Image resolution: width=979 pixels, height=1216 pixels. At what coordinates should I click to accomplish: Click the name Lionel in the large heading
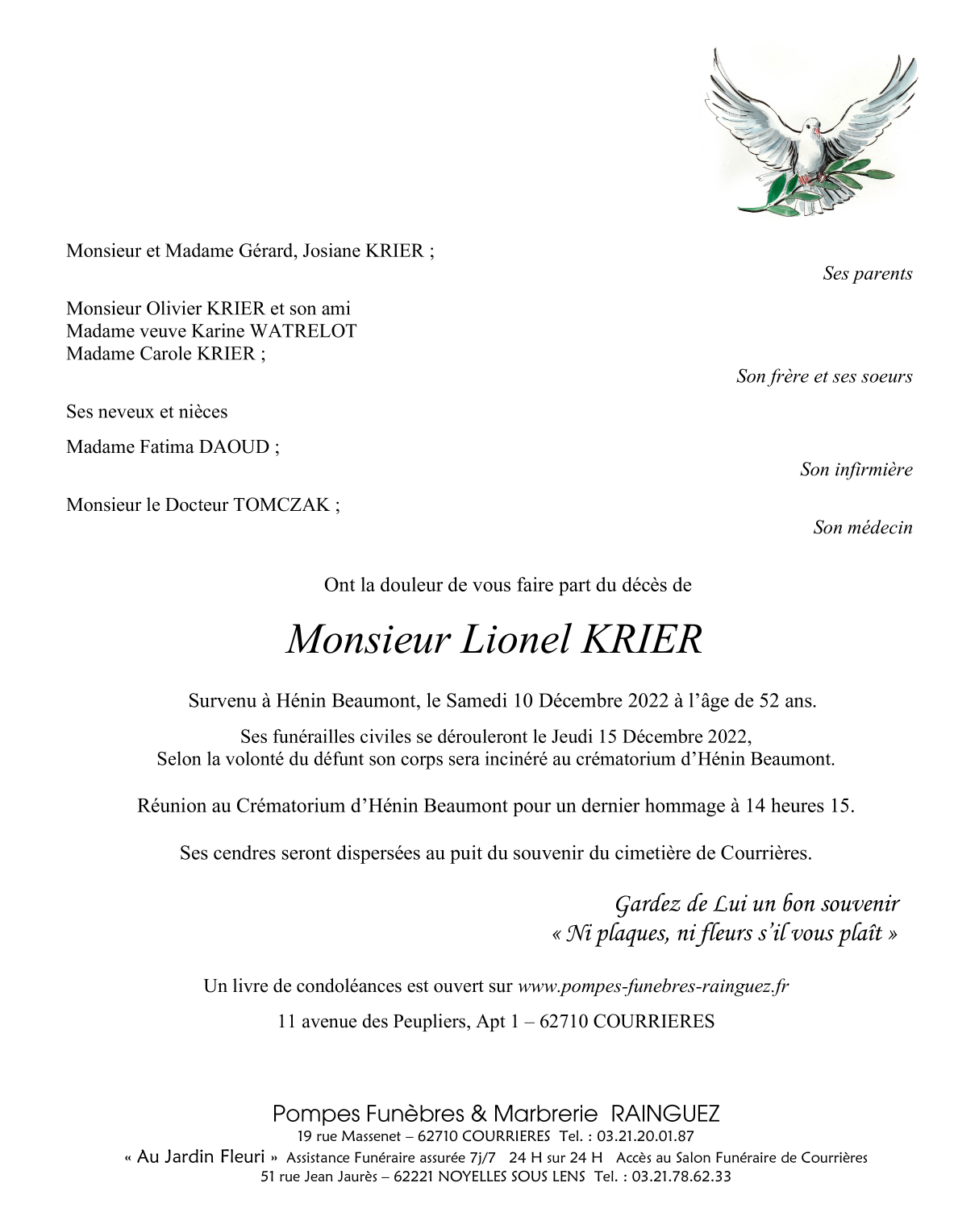click(514, 640)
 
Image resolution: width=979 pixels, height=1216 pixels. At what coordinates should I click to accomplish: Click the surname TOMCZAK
click(281, 505)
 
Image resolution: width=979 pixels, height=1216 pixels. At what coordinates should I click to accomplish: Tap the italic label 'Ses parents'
click(867, 274)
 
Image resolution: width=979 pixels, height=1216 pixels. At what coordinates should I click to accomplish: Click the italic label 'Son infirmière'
click(856, 470)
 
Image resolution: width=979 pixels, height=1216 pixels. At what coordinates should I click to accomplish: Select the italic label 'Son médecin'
click(862, 528)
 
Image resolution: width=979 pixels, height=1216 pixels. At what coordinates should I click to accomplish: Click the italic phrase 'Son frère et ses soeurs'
click(823, 376)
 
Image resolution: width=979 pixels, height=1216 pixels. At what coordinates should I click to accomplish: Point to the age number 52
click(769, 701)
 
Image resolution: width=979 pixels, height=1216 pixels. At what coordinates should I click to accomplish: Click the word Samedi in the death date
click(477, 701)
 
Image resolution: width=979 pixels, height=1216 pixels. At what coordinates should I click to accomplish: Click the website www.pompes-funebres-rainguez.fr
click(652, 986)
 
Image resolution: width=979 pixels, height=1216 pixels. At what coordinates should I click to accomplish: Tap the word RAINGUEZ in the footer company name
click(664, 1114)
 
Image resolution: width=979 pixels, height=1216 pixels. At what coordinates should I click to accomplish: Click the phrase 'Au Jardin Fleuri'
click(201, 1157)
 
